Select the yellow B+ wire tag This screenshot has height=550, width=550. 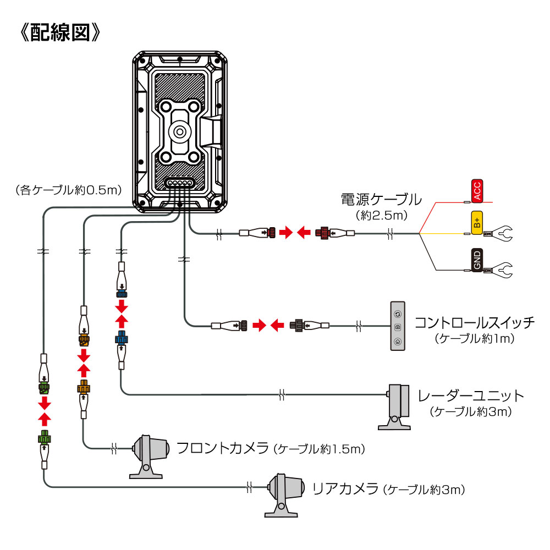click(476, 222)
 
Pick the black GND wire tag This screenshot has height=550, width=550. click(477, 259)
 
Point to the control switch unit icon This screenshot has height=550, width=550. click(398, 326)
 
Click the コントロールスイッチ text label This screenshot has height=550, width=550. click(474, 322)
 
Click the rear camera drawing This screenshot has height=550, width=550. click(283, 494)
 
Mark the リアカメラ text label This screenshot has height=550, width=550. click(345, 488)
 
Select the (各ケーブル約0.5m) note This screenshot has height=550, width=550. click(68, 190)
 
